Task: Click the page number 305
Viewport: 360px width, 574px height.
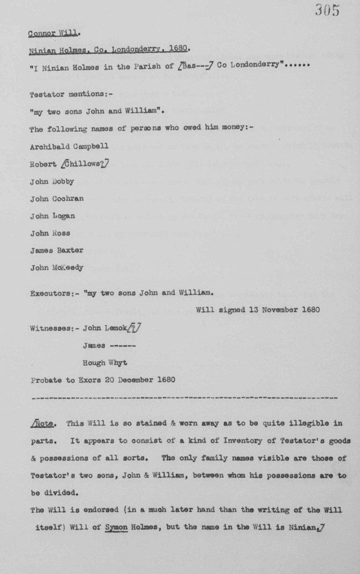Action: pos(327,10)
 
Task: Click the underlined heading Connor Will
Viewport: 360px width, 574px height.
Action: pos(53,33)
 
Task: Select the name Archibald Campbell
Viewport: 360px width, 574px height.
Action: pos(69,146)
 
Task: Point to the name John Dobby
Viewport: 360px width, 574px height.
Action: pos(52,181)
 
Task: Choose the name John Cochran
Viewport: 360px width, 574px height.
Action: pos(57,199)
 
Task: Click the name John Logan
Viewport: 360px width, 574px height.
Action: pos(52,215)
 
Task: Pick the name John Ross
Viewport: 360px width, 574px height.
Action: pos(50,233)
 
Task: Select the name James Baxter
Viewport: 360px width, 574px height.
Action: pos(57,250)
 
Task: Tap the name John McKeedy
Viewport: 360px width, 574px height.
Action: pos(57,268)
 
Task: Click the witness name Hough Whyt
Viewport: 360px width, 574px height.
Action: pos(104,362)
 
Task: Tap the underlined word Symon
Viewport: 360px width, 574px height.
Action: pos(117,527)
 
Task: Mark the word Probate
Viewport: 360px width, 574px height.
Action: pos(46,379)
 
